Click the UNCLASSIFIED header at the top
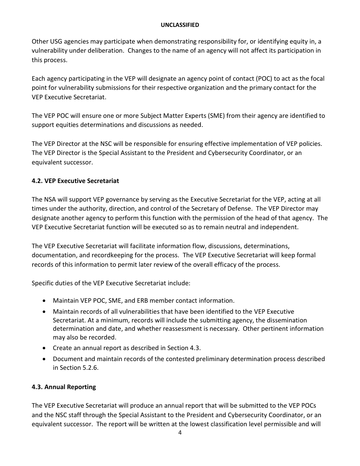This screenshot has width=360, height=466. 180,25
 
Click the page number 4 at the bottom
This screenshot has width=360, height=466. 180,433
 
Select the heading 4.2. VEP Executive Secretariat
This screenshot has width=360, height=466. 75,181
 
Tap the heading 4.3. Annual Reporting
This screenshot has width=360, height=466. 64,387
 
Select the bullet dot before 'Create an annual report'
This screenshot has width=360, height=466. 45,348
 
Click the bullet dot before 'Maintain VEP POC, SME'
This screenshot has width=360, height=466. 45,301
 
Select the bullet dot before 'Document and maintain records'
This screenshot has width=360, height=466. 45,359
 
